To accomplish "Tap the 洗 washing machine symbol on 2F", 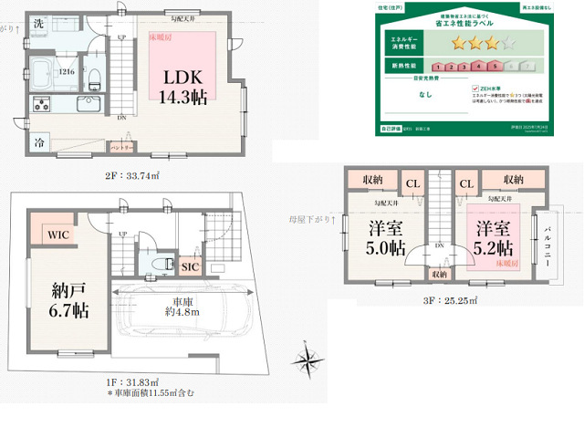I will [x=38, y=25].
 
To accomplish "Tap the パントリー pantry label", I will [x=122, y=147].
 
